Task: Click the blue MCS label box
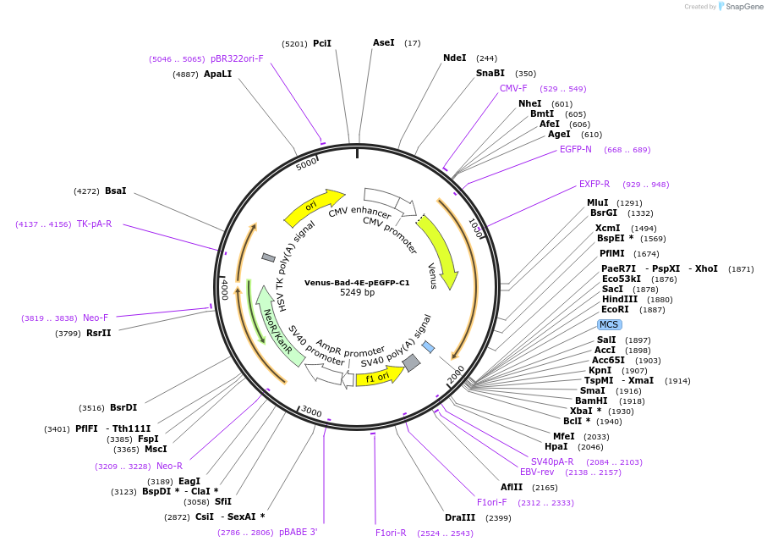coord(609,324)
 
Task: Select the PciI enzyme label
coord(322,43)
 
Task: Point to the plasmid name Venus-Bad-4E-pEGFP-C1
coord(357,283)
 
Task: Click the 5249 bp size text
coord(357,293)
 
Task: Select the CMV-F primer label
coord(513,88)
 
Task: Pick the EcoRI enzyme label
coord(615,309)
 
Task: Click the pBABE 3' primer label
coord(298,533)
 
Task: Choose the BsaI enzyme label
coord(116,191)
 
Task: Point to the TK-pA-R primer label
coord(94,224)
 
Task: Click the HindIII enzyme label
coord(620,299)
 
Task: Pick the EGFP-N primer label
coord(576,149)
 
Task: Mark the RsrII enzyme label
coord(98,333)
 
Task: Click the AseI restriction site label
coord(384,42)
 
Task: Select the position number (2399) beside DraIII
coord(498,517)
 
